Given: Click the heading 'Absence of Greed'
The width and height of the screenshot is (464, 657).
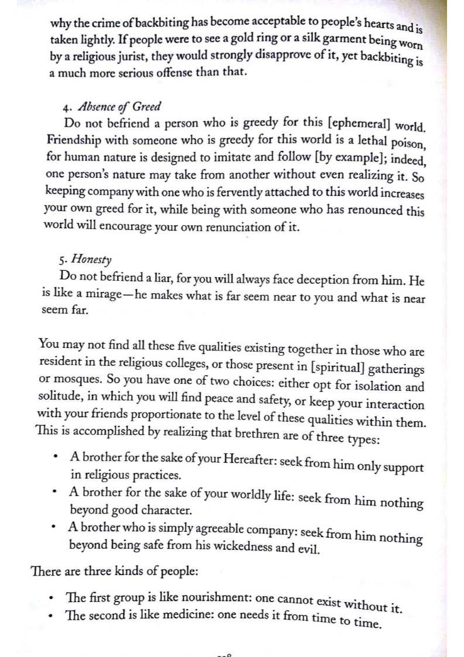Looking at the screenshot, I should click(120, 108).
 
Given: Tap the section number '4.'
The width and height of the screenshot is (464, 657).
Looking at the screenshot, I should click(67, 108).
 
